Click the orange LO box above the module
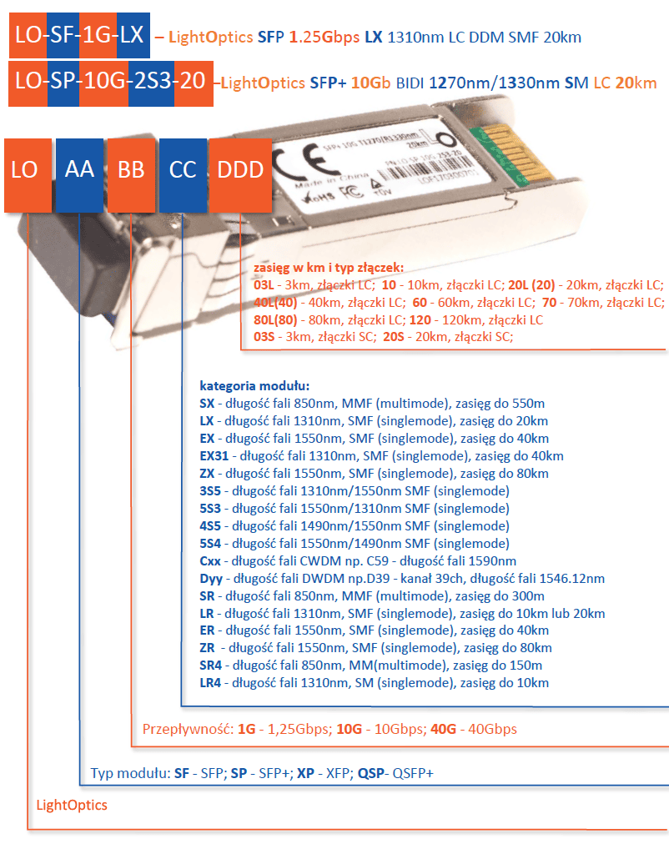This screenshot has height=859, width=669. coord(25,170)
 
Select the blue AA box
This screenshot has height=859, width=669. coord(80,170)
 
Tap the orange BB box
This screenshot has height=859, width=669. coord(131,170)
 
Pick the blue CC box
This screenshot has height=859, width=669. coord(183,170)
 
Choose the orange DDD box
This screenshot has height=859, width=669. coord(240,170)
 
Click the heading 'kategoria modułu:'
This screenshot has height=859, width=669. coord(254,386)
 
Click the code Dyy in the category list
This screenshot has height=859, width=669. coord(209,578)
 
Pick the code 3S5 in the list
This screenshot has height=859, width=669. coord(209,491)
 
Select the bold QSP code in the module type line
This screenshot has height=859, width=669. coord(371,773)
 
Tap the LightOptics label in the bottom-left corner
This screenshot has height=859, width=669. coord(72,806)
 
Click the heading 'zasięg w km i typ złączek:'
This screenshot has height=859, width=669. coord(329,268)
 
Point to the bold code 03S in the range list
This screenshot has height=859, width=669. coord(264,337)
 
